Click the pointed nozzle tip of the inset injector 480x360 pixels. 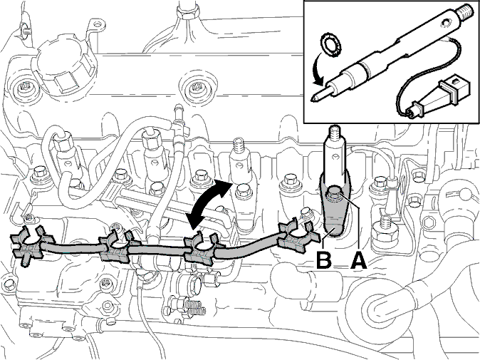[x=313, y=99]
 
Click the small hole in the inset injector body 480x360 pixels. [x=445, y=23]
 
